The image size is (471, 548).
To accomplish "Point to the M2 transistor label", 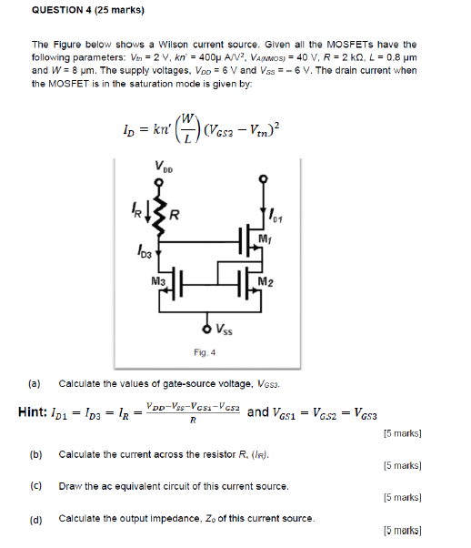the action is coord(265,280).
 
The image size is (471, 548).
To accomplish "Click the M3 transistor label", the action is coord(158,280).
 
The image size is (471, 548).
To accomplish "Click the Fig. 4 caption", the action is coord(204,352).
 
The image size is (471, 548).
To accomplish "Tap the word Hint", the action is coord(36,412).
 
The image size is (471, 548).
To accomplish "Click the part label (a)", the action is coord(35,383).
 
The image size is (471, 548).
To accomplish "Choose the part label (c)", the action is coord(35,486).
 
